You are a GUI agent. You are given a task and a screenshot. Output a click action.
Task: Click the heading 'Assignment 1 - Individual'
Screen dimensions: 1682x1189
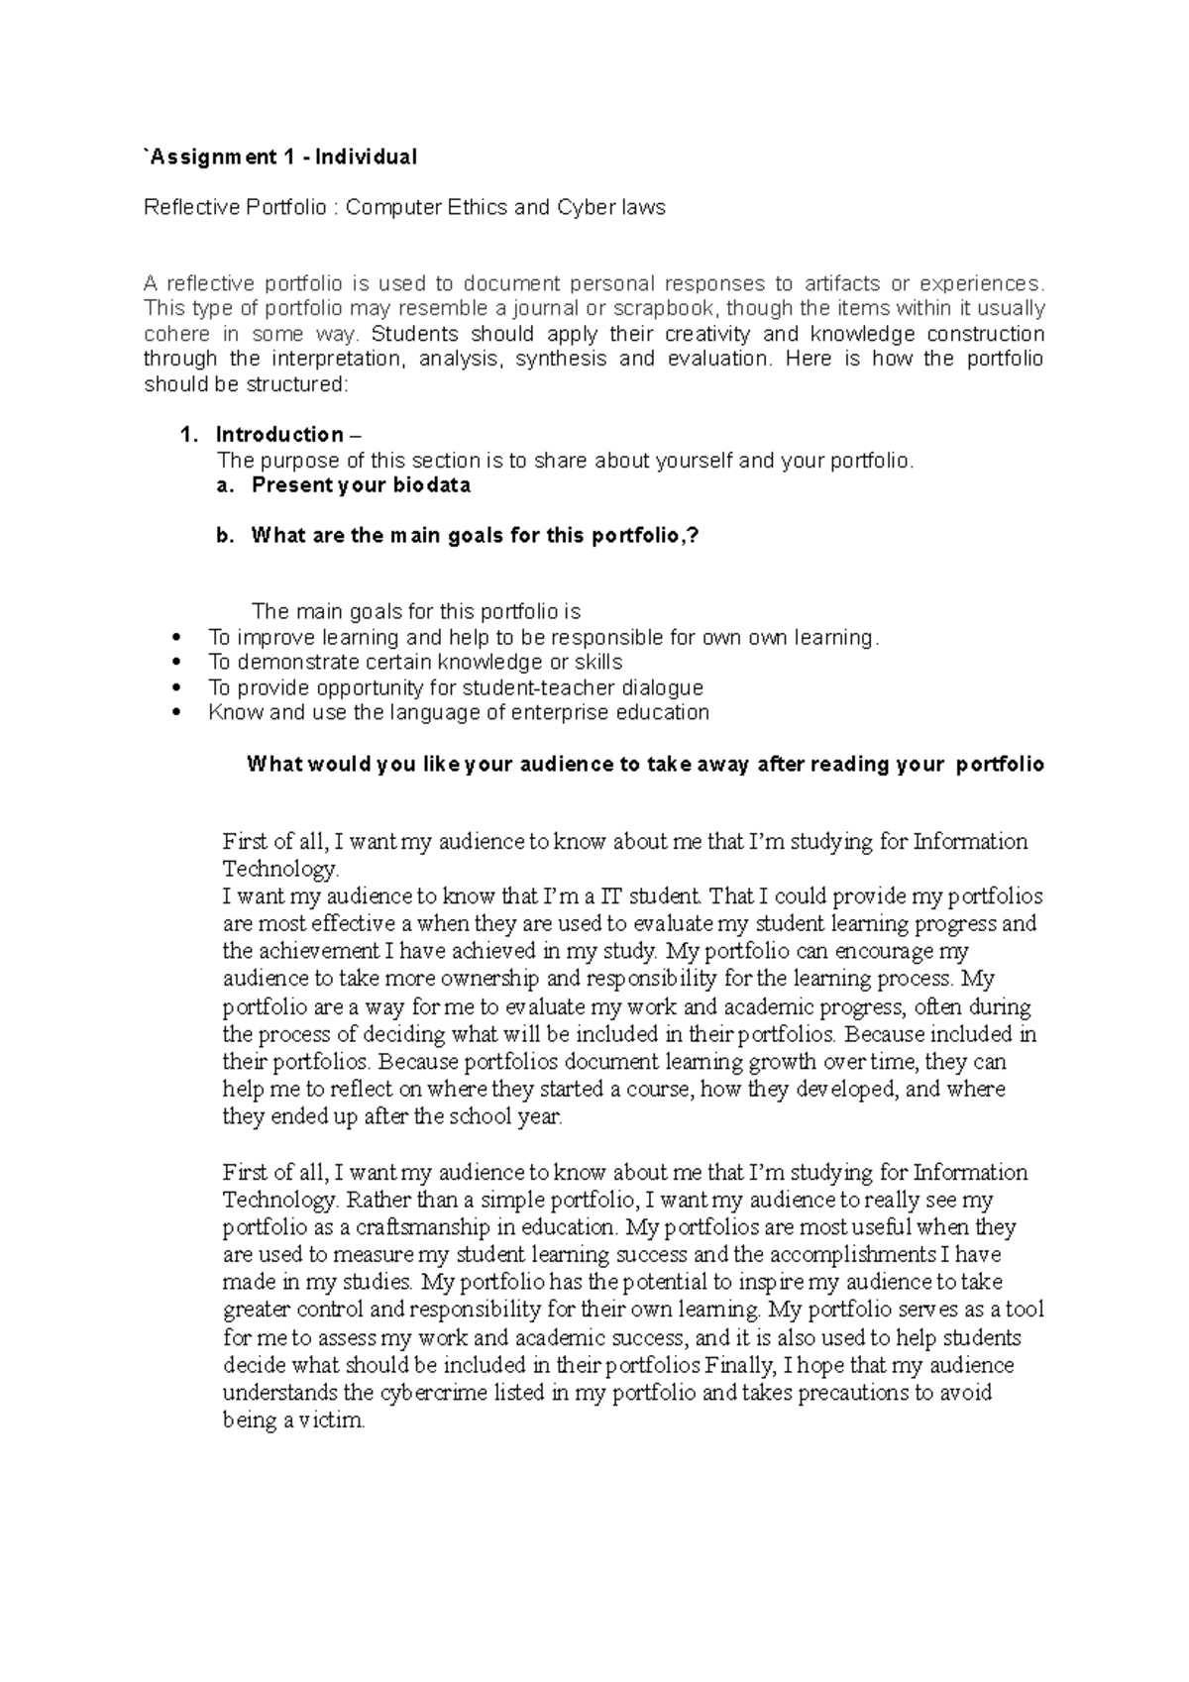point(282,157)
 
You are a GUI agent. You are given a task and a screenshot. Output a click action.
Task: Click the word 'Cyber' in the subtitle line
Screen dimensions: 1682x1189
point(588,208)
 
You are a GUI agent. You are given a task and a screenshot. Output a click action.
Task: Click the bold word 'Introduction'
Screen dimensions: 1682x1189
point(279,435)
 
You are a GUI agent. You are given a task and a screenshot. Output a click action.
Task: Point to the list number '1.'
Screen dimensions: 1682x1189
point(189,435)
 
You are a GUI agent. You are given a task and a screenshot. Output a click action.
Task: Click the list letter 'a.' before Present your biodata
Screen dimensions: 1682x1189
point(226,485)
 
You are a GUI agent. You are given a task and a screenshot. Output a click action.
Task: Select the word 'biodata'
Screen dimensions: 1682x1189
point(430,485)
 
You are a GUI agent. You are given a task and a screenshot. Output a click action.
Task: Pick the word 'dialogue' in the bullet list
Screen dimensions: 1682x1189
point(663,687)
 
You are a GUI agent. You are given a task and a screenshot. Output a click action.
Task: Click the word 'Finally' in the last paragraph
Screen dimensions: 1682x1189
point(740,1366)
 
